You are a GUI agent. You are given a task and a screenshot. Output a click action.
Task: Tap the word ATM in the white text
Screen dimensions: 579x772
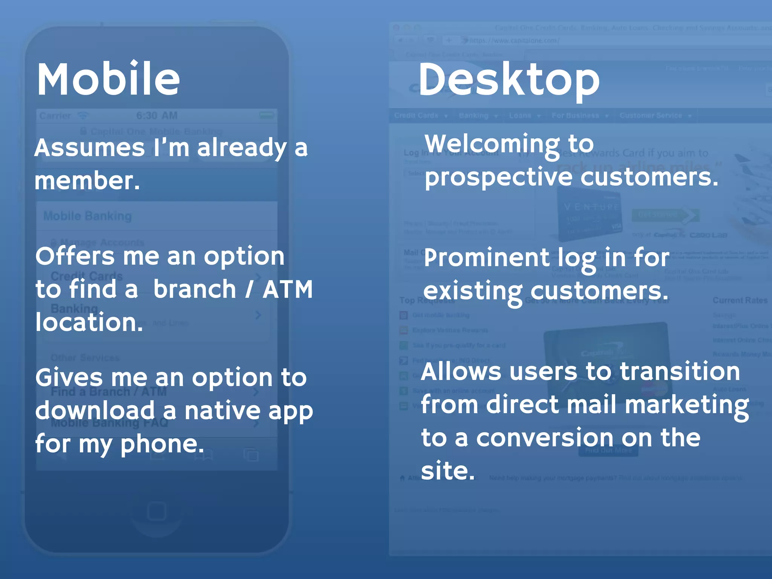288,289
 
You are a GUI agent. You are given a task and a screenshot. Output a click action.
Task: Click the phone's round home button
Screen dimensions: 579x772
156,512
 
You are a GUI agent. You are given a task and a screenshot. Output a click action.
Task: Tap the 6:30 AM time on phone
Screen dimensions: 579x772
157,116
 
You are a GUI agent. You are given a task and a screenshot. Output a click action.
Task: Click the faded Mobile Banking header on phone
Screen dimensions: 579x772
87,216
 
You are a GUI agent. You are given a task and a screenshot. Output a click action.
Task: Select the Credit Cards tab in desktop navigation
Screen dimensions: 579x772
416,116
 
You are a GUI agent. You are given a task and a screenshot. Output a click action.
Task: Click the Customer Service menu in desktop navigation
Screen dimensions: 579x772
651,116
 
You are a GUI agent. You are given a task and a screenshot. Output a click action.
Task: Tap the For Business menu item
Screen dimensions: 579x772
575,116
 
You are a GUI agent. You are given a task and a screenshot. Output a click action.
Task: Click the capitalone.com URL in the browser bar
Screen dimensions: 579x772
514,41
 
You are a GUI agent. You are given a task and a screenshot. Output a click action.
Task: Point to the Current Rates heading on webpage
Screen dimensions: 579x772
740,300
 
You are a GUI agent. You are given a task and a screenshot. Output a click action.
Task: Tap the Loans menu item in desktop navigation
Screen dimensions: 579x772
520,116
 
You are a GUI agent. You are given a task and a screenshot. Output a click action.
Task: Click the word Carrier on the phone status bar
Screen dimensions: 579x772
55,116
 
